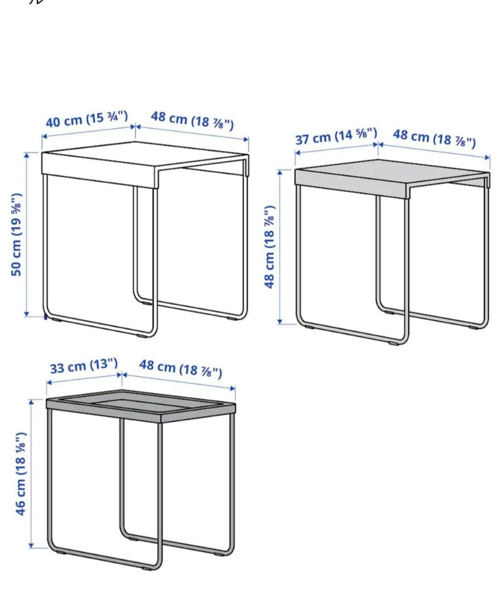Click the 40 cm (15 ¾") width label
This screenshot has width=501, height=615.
pyautogui.click(x=87, y=119)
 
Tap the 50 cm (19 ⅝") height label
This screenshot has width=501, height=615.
pyautogui.click(x=17, y=235)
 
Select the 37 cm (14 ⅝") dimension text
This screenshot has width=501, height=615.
pyautogui.click(x=336, y=136)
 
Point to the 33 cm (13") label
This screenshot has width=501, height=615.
pyautogui.click(x=84, y=366)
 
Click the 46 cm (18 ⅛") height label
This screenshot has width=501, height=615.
pyautogui.click(x=20, y=474)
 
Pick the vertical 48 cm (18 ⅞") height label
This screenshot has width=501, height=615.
pyautogui.click(x=270, y=247)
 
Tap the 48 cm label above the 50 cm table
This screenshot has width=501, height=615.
pyautogui.click(x=192, y=120)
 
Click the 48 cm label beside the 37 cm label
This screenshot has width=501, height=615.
pyautogui.click(x=434, y=138)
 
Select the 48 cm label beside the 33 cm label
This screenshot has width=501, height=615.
pyautogui.click(x=180, y=369)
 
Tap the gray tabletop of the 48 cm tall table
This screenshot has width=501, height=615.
pyautogui.click(x=392, y=178)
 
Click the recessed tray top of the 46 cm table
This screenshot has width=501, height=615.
pyautogui.click(x=141, y=407)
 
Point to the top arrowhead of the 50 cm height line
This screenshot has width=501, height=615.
pyautogui.click(x=27, y=154)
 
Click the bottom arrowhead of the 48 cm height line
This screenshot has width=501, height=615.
pyautogui.click(x=280, y=322)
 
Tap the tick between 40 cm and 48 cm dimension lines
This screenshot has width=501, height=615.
pyautogui.click(x=135, y=126)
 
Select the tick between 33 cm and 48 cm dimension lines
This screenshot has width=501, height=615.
pyautogui.click(x=122, y=374)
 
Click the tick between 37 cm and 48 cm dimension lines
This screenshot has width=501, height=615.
pyautogui.click(x=378, y=144)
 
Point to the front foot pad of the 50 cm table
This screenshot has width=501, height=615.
pyautogui.click(x=143, y=336)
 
